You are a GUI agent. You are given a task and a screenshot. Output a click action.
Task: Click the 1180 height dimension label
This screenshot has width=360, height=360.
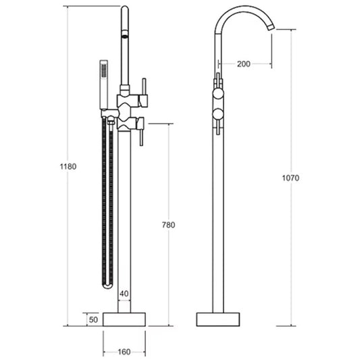pos(68,166)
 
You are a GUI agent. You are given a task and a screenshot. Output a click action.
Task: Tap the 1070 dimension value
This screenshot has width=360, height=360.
pos(290,178)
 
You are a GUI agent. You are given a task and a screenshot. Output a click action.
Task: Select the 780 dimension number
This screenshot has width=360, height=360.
pos(169,225)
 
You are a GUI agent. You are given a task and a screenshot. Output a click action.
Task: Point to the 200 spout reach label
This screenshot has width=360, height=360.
pos(244,63)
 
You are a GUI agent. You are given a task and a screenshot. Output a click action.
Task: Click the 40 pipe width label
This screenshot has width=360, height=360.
pos(124,293)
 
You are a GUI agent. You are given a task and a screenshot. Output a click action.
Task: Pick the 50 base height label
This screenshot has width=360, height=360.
pos(93,319)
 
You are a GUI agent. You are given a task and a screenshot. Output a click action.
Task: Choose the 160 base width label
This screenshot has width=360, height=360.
pos(124,352)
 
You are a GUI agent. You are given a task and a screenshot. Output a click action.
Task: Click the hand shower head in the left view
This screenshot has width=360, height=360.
pos(104,84)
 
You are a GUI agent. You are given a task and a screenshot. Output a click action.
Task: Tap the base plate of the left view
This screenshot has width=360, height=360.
pos(124,319)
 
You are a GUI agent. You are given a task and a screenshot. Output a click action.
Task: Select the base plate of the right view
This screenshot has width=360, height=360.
pos(218,319)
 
